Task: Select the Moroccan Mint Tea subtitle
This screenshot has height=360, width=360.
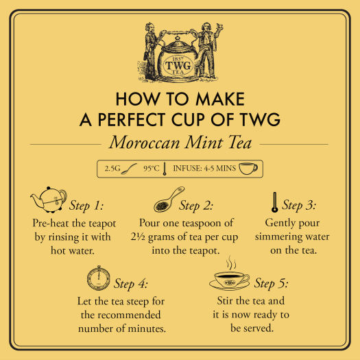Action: pos(180,145)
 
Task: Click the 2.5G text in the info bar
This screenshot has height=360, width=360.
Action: pos(114,168)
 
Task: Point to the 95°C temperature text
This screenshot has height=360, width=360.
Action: pos(152,168)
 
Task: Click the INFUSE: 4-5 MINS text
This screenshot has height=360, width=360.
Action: pos(204,168)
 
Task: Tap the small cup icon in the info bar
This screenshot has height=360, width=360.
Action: pos(248,168)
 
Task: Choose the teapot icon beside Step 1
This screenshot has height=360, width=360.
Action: pos(47,201)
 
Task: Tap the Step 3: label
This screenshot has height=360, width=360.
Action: pos(302,206)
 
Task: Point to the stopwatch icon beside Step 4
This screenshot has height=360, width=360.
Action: pos(97,280)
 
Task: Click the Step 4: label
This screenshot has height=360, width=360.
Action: pos(134,283)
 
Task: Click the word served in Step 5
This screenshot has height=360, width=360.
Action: pos(262,328)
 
